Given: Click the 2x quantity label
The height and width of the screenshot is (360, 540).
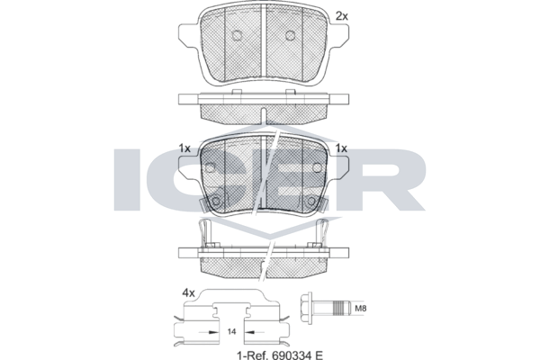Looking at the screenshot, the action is point(342,16).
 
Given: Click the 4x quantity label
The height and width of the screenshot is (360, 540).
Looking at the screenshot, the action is point(188,293).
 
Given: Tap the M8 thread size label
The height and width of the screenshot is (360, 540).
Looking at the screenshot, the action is point(361,309).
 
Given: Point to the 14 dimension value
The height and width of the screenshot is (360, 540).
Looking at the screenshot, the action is point(232,332).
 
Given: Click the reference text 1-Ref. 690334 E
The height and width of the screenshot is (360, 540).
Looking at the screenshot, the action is point(280,355).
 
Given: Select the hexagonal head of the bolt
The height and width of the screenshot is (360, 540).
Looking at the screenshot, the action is point(306,308).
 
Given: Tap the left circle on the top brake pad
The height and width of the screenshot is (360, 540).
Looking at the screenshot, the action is point(237,35).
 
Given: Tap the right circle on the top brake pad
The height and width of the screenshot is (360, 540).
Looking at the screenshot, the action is point(291,35).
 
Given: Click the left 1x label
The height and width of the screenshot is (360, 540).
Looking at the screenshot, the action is point(184,148).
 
